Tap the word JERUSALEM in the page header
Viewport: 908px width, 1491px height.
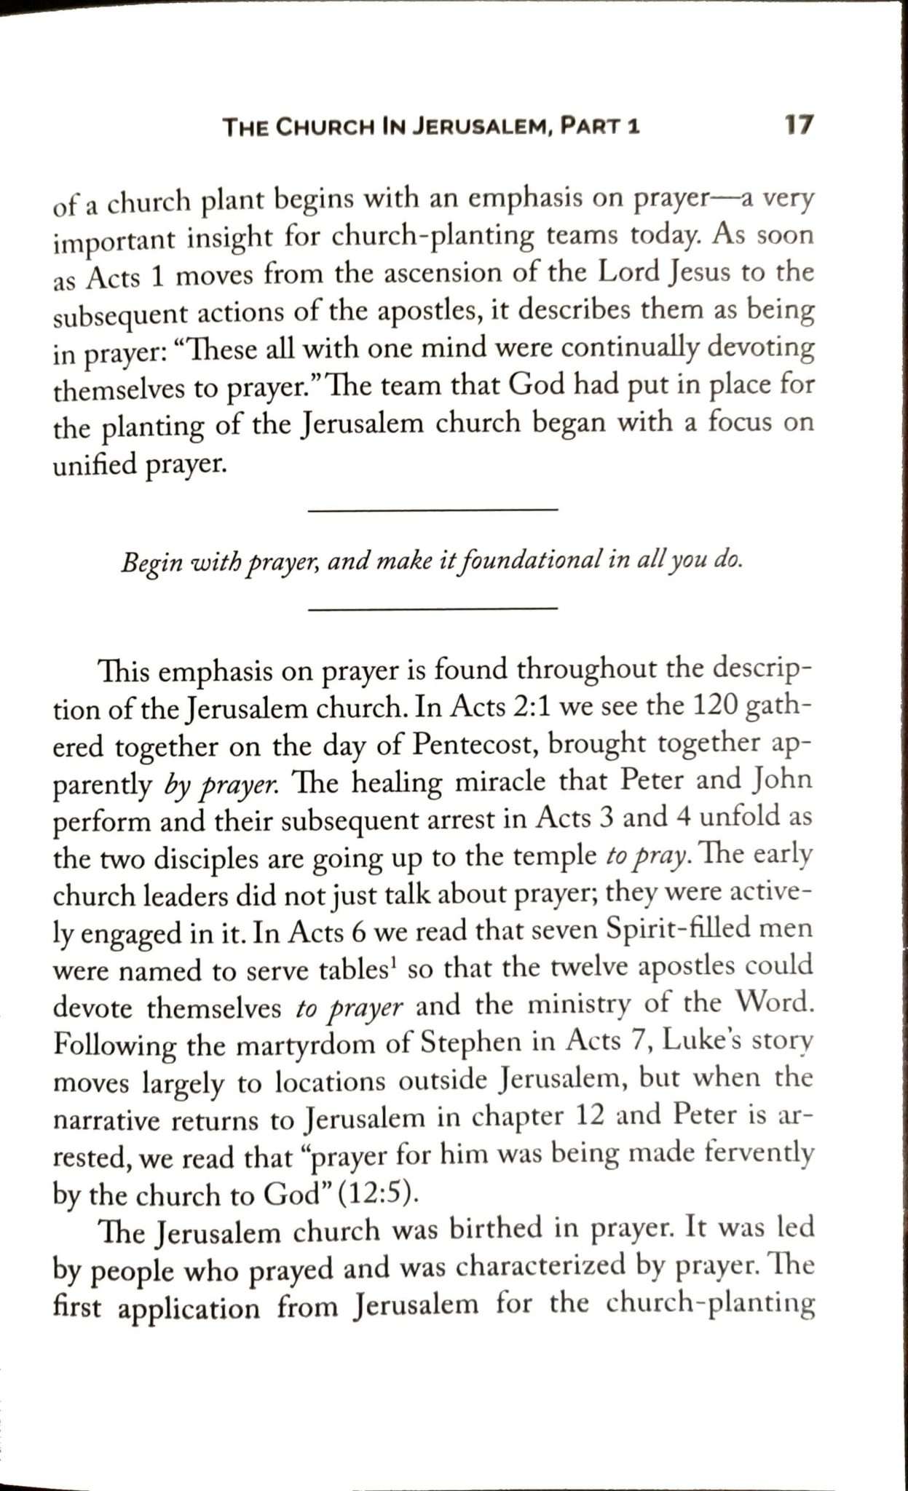pos(478,128)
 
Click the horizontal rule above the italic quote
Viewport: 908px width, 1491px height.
pos(433,510)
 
